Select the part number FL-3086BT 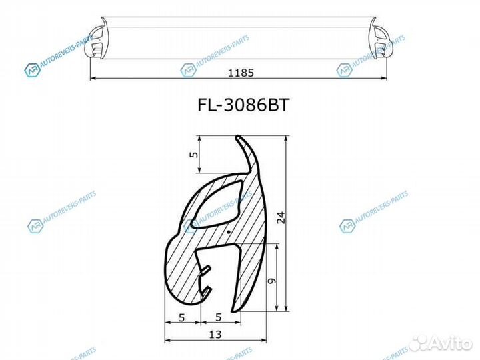(240, 107)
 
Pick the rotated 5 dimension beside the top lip (194, 155)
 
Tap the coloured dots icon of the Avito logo (419, 343)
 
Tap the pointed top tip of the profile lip (238, 138)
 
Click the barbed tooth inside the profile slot (208, 273)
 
